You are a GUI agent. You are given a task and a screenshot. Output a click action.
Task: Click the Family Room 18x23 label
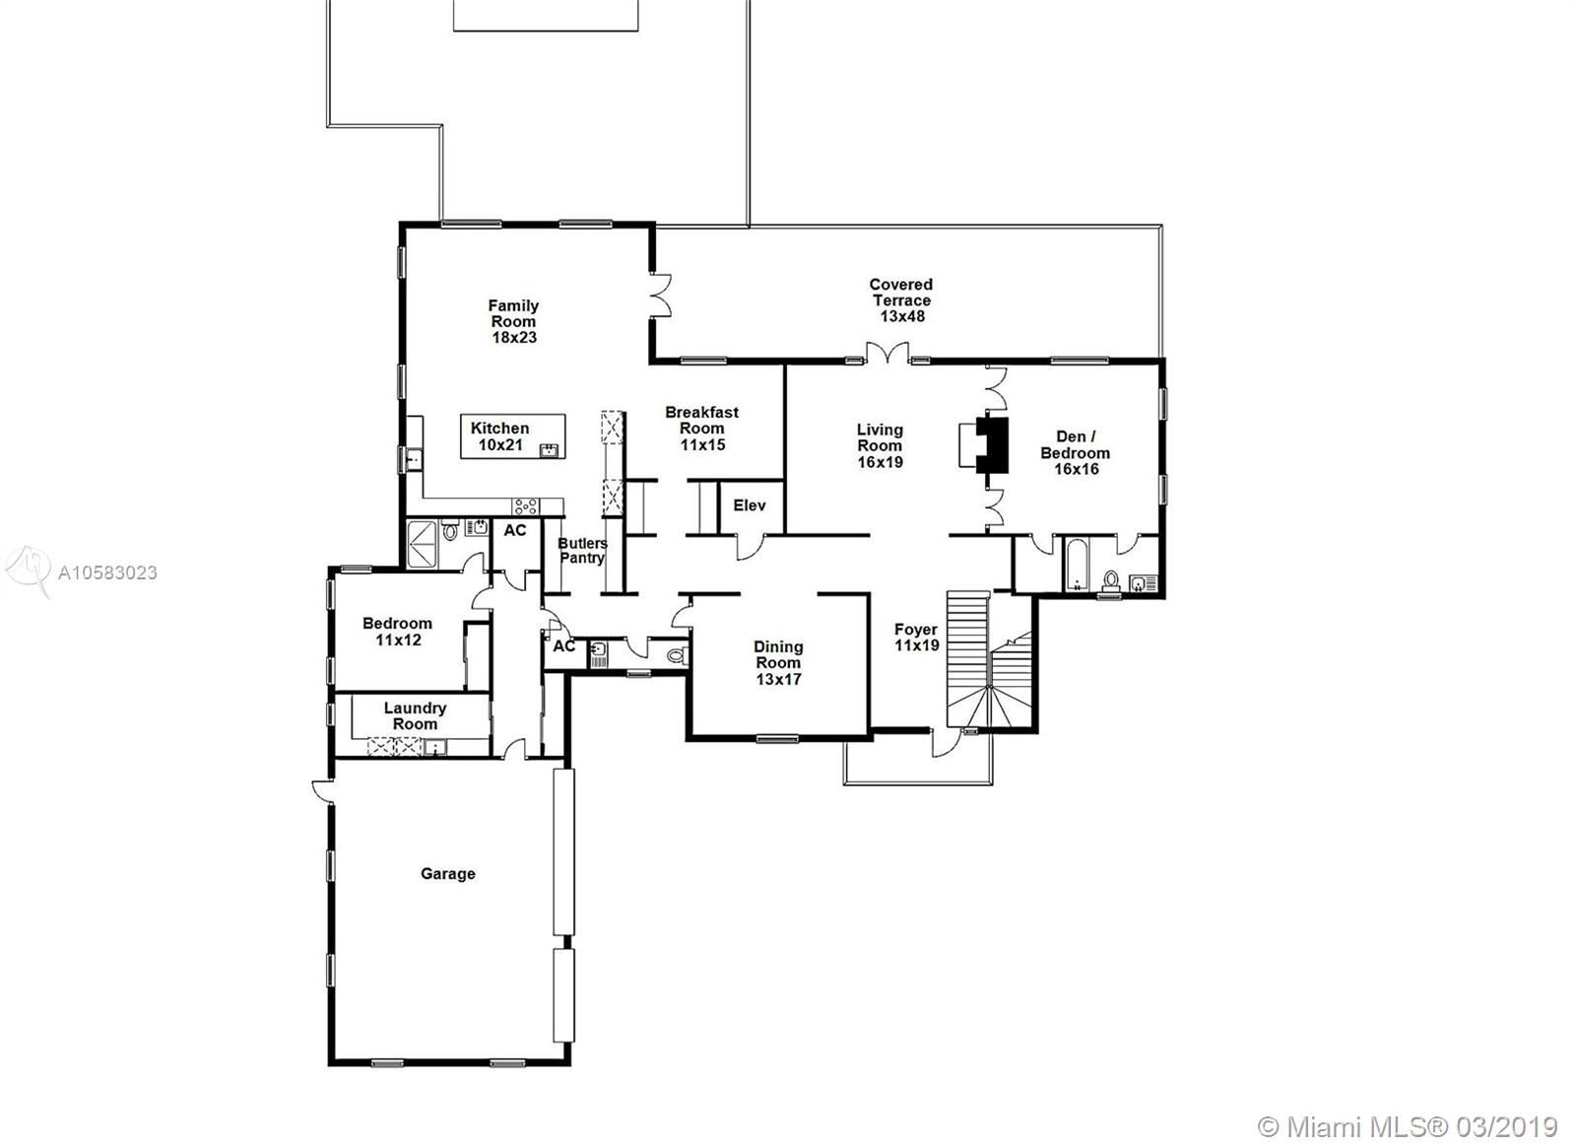point(513,321)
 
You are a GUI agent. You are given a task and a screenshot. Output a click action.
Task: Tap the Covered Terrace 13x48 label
point(900,301)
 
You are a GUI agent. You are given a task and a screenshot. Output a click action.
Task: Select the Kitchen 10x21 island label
point(500,436)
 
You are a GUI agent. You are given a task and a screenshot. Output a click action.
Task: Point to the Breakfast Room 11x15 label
point(701,428)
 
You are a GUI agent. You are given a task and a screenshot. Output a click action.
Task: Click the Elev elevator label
point(750,506)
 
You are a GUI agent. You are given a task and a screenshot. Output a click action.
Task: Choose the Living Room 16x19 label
point(880,445)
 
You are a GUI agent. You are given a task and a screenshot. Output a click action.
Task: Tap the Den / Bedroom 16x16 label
point(1076,452)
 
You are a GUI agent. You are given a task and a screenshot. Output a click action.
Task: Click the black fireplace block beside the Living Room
point(994,444)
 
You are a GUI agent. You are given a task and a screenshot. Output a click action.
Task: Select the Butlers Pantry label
point(583,551)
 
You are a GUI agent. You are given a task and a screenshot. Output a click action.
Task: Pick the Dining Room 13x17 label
point(778,662)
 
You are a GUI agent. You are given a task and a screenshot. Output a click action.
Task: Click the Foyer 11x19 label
point(916,637)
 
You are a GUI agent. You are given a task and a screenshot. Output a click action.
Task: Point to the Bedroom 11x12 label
point(397,631)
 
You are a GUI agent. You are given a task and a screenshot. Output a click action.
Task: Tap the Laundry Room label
point(415,715)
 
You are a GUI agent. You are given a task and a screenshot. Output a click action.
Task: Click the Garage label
point(448,873)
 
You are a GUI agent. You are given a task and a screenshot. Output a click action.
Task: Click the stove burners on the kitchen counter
point(525,506)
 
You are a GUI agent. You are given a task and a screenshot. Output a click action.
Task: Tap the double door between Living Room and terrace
point(886,352)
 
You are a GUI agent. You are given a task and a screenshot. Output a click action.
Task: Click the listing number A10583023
point(107,573)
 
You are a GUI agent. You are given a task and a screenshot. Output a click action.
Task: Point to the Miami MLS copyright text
point(1409,1126)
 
